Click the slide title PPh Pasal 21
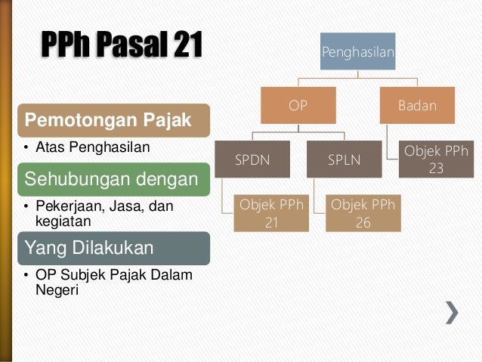tap(121, 48)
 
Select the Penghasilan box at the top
tap(357, 51)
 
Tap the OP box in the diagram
tap(298, 105)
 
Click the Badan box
tap(417, 105)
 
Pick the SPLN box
tap(344, 159)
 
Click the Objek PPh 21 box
tap(271, 214)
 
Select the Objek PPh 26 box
tap(362, 214)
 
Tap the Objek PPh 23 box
tap(436, 159)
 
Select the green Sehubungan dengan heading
tap(112, 179)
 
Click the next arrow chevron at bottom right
tap(452, 312)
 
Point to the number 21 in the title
tap(187, 48)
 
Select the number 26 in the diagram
tap(362, 223)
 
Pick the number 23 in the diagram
tap(436, 169)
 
